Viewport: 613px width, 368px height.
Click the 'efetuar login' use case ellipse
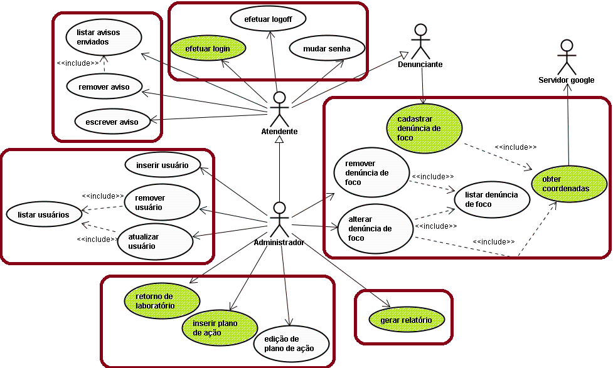(x=208, y=48)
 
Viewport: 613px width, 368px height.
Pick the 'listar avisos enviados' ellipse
(x=104, y=37)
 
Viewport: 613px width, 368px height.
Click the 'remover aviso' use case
(x=104, y=87)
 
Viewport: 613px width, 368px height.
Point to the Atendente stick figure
(x=279, y=108)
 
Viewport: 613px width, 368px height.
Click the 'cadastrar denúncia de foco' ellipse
(x=424, y=128)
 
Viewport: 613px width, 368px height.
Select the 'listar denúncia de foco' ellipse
(x=492, y=199)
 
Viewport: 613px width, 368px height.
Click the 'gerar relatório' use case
(x=406, y=320)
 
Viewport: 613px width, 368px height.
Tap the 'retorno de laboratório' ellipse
(x=162, y=301)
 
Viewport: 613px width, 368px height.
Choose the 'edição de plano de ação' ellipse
(x=291, y=344)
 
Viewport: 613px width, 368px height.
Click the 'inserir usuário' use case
(x=163, y=166)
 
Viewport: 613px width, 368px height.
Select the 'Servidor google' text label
(x=567, y=80)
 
